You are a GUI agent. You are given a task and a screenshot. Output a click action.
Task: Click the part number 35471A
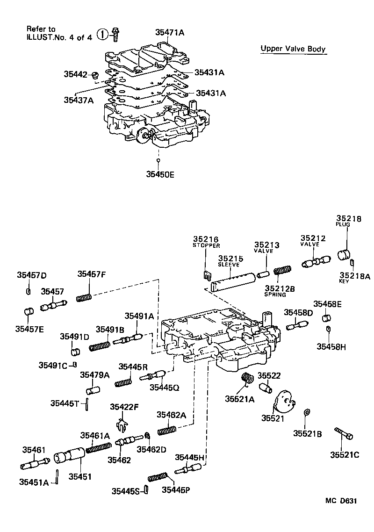coord(170,32)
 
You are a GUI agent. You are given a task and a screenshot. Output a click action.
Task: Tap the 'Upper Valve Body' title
coord(293,49)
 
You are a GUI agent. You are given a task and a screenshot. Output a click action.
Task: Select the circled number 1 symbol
coord(102,34)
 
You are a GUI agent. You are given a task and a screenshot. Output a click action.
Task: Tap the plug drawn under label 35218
coord(345,254)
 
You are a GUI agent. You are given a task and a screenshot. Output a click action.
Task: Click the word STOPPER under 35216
coord(206,245)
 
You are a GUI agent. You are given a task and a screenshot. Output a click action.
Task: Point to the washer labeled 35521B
coord(305,412)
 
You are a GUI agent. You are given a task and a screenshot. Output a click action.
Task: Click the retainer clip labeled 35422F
coord(122,425)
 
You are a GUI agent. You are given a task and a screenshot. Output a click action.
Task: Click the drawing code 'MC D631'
coord(341,501)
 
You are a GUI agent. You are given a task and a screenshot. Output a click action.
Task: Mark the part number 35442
coord(75,74)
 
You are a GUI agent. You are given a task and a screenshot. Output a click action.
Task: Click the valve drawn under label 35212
coord(316,261)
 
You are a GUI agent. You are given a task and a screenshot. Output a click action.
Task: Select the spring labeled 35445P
coord(157,477)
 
